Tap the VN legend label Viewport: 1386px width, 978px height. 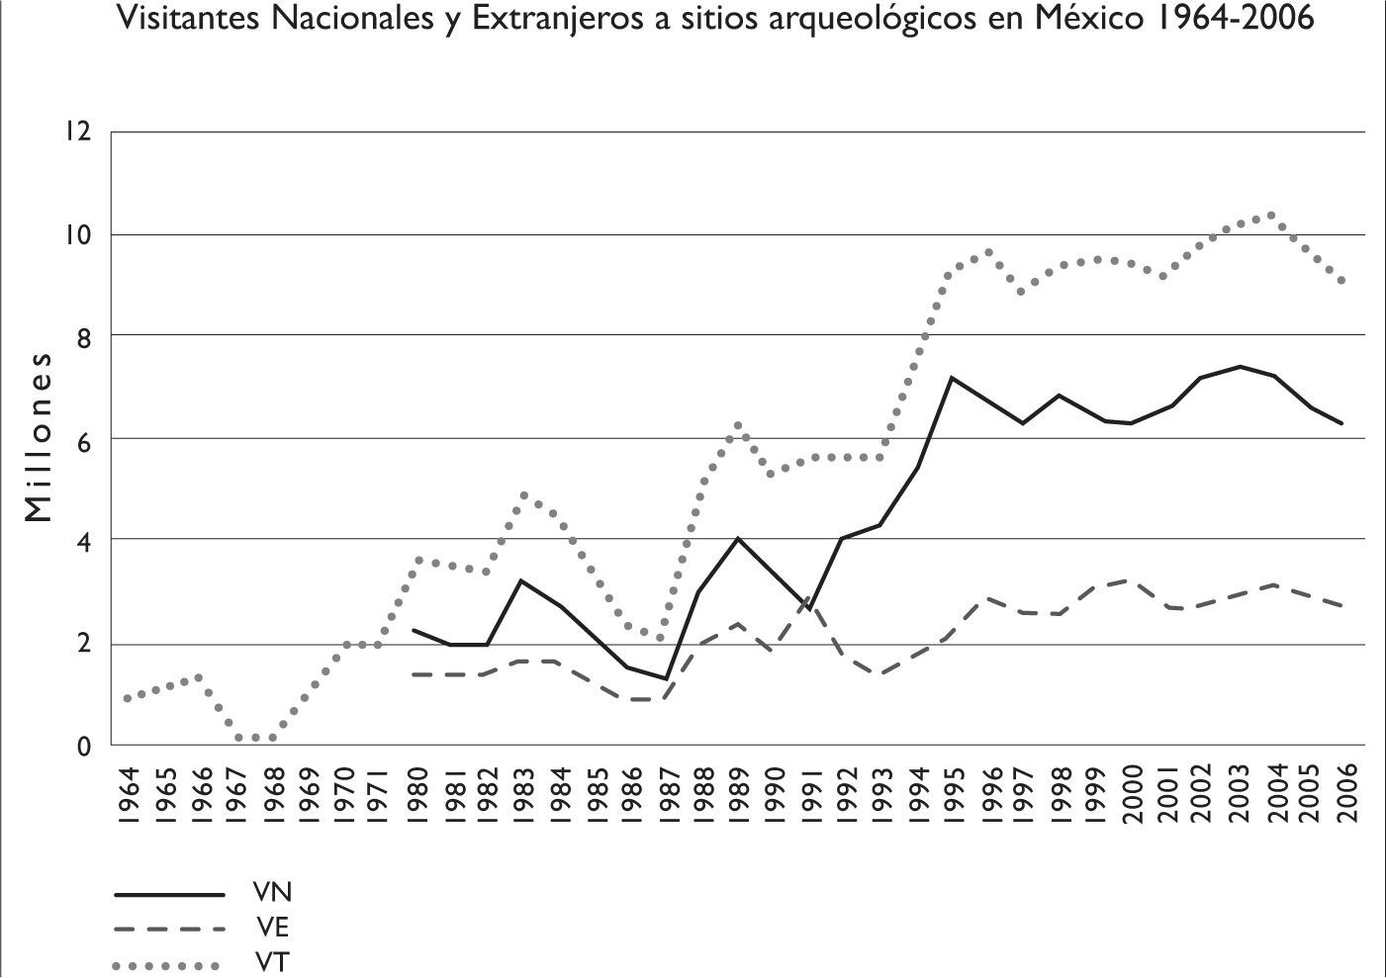271,893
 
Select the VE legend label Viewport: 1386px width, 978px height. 270,928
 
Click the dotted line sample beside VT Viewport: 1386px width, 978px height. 167,964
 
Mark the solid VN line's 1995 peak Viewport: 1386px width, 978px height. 951,378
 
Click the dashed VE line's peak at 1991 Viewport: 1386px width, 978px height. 809,598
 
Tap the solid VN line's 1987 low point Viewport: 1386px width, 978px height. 666,679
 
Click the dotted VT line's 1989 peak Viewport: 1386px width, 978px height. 737,425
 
